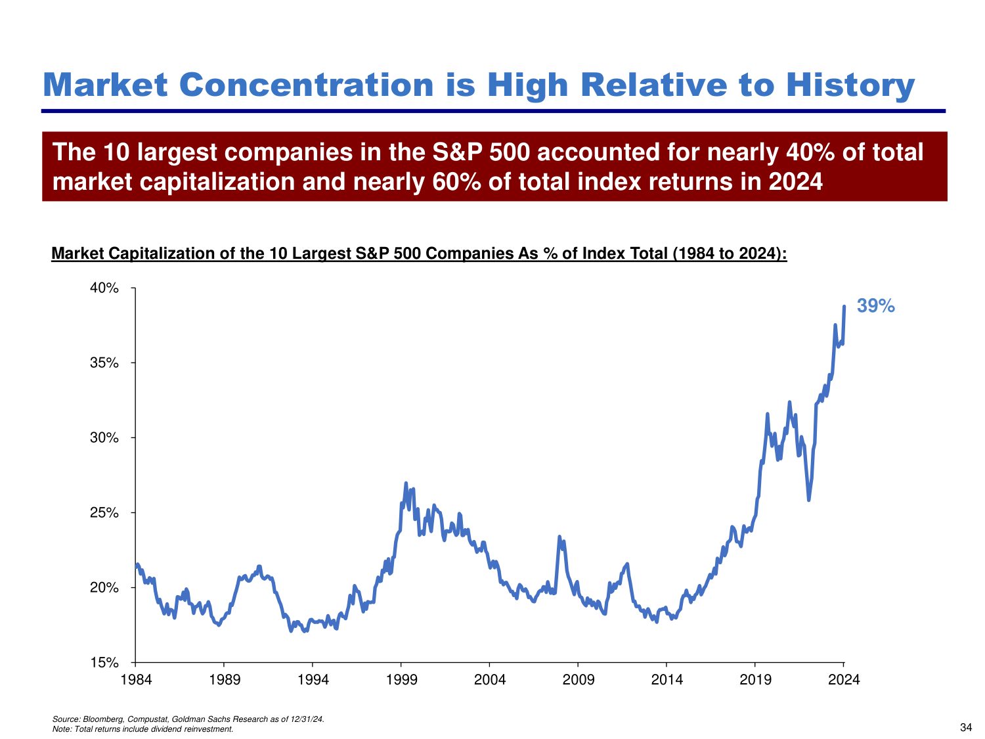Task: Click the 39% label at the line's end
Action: tap(875, 306)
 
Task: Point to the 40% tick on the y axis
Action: tap(104, 288)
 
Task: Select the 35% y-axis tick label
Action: tap(104, 363)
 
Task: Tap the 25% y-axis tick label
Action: tap(104, 513)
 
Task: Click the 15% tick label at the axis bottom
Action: tap(104, 663)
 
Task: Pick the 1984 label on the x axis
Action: tap(136, 680)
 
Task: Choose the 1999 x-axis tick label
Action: tap(401, 680)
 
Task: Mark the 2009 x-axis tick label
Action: tap(579, 680)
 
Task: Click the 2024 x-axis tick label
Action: tap(844, 680)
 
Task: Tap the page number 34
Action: tap(966, 727)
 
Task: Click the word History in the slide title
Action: tap(850, 85)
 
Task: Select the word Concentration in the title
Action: tap(306, 85)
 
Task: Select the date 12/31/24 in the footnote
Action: tap(308, 719)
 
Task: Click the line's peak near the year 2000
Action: tap(406, 483)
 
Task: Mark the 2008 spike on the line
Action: tap(559, 537)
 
